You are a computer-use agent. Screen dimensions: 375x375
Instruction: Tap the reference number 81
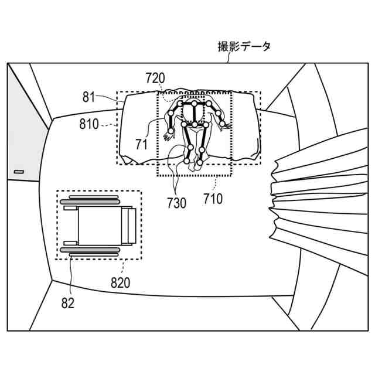[x=88, y=97]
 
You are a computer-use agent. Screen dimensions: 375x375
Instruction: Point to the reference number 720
[x=155, y=77]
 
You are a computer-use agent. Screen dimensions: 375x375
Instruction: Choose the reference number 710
[x=213, y=199]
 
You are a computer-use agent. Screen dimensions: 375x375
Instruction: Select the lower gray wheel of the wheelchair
[x=94, y=251]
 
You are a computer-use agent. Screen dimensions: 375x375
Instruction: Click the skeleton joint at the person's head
[x=194, y=105]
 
